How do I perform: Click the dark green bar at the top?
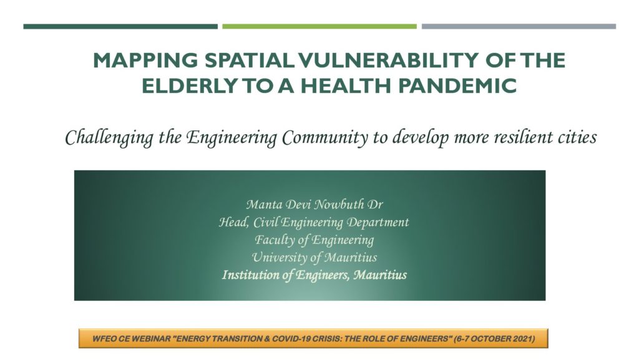120,26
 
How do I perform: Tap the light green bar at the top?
319,26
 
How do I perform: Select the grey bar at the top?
519,26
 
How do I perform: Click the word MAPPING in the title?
145,61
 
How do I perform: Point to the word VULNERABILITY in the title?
388,61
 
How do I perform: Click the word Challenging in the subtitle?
109,138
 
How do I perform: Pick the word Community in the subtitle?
324,138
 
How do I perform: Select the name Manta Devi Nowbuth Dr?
315,204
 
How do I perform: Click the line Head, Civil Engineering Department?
314,222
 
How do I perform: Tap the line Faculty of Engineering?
315,240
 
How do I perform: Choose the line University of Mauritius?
315,258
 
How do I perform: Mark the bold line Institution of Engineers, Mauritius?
315,275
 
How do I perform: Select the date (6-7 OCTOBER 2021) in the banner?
494,338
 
